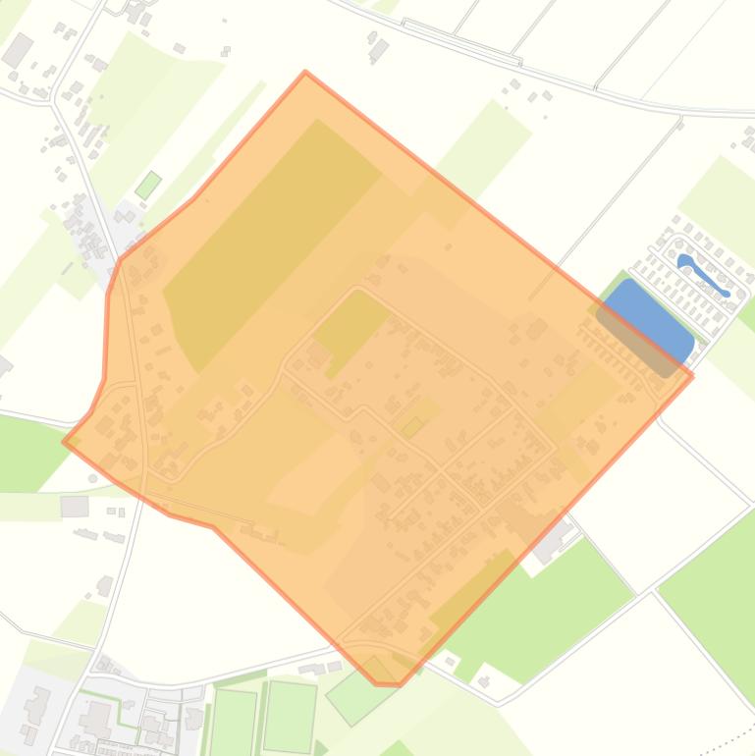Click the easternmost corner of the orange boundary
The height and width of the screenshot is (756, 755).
pyautogui.click(x=693, y=375)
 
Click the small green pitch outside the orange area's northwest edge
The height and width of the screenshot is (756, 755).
pyautogui.click(x=148, y=185)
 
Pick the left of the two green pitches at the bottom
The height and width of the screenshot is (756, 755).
pyautogui.click(x=233, y=722)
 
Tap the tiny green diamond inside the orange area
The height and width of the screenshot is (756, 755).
pyautogui.click(x=412, y=426)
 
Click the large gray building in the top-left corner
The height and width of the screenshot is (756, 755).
pyautogui.click(x=18, y=49)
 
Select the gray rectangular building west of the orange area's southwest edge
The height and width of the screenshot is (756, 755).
pyautogui.click(x=75, y=506)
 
